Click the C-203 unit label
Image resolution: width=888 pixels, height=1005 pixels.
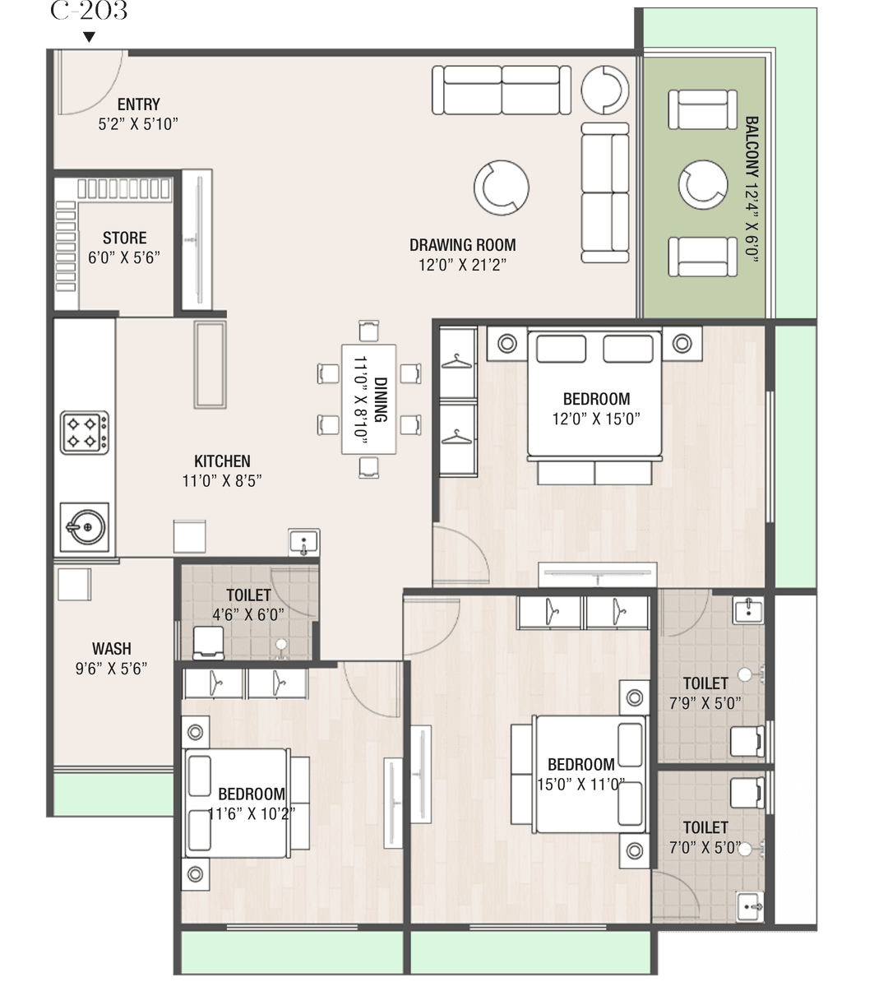click(89, 10)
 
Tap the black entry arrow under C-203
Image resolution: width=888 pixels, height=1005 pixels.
click(89, 37)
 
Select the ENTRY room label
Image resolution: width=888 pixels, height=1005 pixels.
click(138, 104)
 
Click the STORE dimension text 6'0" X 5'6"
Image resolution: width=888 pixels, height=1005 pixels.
click(124, 258)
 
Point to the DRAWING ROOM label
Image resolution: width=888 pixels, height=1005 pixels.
click(462, 245)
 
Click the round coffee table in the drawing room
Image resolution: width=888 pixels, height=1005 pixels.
click(502, 188)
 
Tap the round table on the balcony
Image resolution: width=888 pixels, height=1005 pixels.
click(703, 185)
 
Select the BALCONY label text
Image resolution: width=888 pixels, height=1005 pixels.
click(752, 147)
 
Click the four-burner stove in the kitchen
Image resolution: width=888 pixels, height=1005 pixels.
click(85, 433)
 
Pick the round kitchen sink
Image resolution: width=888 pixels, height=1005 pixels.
click(85, 527)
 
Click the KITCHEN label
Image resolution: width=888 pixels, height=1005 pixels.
click(222, 461)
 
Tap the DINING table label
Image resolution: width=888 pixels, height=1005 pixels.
click(380, 400)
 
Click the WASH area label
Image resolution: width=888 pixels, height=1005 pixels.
click(112, 649)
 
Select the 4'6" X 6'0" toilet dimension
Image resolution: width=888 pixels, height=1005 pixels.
click(248, 615)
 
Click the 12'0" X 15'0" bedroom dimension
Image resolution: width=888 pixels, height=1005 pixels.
click(596, 419)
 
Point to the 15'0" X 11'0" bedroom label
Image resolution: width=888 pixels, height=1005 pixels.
click(581, 785)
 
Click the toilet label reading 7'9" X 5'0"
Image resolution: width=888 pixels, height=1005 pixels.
click(705, 703)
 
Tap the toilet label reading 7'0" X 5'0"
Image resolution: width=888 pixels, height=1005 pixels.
click(705, 848)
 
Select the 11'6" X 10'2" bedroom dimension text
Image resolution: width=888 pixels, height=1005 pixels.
click(251, 814)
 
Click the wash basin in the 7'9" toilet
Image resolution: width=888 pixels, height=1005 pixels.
click(748, 610)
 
